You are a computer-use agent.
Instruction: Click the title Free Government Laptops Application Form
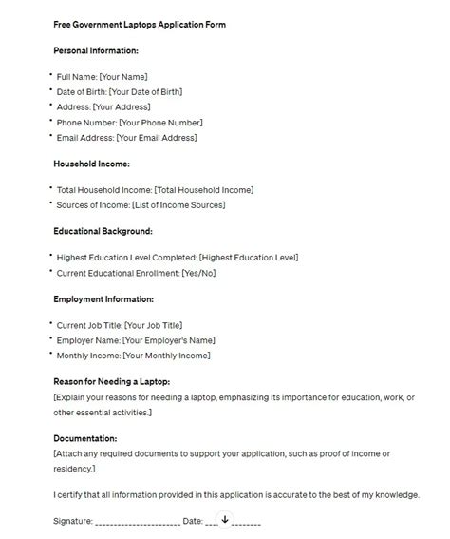[140, 23]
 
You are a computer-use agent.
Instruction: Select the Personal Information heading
[97, 49]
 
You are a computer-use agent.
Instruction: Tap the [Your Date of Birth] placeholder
[145, 92]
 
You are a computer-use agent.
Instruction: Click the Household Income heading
[93, 164]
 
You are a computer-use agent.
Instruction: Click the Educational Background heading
[103, 231]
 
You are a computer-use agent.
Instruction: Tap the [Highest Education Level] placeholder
[248, 257]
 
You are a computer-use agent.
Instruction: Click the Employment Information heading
[104, 298]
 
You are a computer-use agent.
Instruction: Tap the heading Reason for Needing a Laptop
[113, 381]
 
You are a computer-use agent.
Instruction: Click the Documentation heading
[86, 438]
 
